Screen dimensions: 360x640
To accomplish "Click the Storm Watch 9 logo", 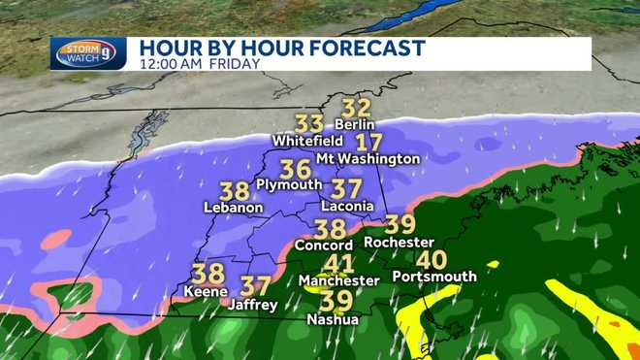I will point(87,53).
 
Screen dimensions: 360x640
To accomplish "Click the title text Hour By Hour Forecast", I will point(282,48).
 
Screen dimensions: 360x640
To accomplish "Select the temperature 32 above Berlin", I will point(357,109).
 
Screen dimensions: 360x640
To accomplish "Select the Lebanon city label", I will point(233,207).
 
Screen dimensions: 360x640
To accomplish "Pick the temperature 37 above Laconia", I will point(346,188).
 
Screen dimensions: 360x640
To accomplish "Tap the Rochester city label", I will point(398,242).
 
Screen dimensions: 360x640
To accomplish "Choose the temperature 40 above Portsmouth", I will point(432,260).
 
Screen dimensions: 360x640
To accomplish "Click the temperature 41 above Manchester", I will point(338,264).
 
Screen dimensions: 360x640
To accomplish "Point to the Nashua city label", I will point(332,319).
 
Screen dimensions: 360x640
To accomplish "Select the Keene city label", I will point(207,290).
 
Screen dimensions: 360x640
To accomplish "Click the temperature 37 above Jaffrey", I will point(254,286).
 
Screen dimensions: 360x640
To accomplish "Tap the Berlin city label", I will point(354,124).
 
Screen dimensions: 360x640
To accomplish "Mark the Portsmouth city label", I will point(434,277).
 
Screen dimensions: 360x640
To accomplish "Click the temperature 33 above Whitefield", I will point(309,124).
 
